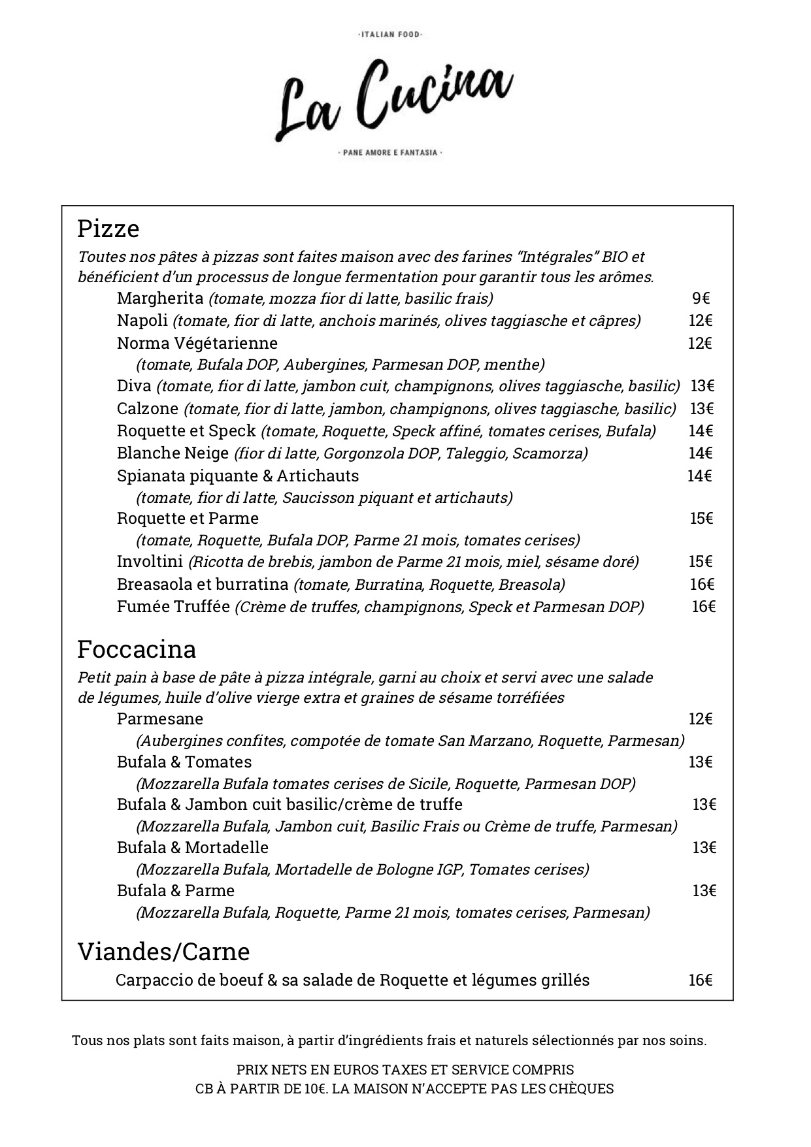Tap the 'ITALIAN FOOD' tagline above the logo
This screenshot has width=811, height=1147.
click(x=391, y=34)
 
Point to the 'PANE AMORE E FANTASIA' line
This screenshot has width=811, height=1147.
click(x=390, y=153)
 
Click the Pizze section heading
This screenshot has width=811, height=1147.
click(x=108, y=229)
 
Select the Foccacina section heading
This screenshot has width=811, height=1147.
click(x=137, y=649)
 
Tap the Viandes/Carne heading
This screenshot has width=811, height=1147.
click(x=163, y=952)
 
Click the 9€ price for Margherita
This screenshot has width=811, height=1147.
click(x=701, y=299)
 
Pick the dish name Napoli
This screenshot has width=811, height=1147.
click(x=142, y=321)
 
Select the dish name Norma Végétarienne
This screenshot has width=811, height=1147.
click(x=197, y=343)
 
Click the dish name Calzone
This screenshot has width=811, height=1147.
click(x=148, y=409)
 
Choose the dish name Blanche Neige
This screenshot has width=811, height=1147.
click(x=173, y=453)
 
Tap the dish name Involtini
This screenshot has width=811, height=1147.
click(x=150, y=562)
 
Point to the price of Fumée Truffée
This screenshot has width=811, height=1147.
click(x=703, y=607)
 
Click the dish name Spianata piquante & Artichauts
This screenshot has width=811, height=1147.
click(x=238, y=476)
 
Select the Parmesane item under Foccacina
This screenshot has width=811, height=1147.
click(x=160, y=719)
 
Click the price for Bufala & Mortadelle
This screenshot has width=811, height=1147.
click(x=704, y=848)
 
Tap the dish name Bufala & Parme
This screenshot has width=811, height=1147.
click(x=175, y=891)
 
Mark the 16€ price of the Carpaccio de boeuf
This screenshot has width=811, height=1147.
click(x=700, y=980)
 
